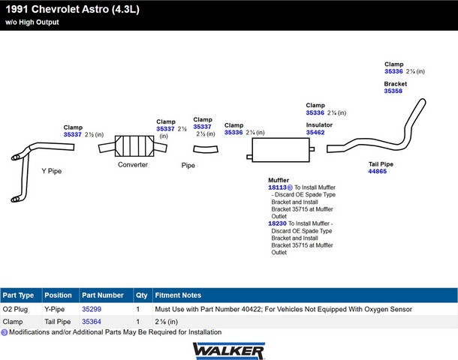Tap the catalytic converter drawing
(x=132, y=145)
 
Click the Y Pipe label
(x=51, y=171)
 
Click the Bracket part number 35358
(x=393, y=91)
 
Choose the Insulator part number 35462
(x=315, y=132)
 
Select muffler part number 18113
(x=277, y=187)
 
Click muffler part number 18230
(x=277, y=223)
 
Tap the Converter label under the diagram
(x=132, y=164)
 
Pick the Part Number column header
(x=103, y=295)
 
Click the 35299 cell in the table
(x=92, y=308)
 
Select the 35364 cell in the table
(x=92, y=321)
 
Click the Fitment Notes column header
(x=178, y=295)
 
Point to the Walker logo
(x=228, y=349)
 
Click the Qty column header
(x=141, y=295)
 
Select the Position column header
(x=58, y=295)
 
